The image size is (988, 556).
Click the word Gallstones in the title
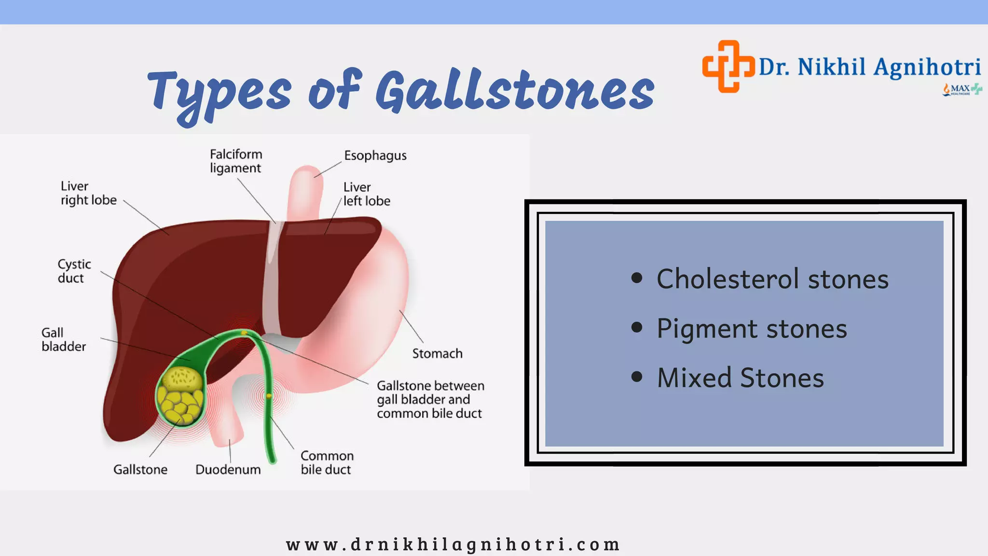[x=515, y=90]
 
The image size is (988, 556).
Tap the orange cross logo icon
[x=728, y=66]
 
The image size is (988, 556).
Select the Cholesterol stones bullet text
[x=772, y=279]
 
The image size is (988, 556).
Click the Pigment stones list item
[x=751, y=329]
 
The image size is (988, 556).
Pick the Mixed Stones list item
[x=740, y=378]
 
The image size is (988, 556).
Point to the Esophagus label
[x=375, y=156]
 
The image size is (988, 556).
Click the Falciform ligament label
[x=236, y=161]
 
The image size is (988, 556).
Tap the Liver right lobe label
[x=88, y=193]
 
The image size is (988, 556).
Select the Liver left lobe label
[x=366, y=194]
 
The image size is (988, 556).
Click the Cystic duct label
[x=74, y=271]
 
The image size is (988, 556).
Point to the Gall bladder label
[x=63, y=339]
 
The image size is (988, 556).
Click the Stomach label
[x=437, y=354]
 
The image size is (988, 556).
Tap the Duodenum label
[x=228, y=470]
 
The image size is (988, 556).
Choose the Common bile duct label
[x=327, y=463]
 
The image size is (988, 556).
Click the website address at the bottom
[x=453, y=544]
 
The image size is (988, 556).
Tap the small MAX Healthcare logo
[x=962, y=89]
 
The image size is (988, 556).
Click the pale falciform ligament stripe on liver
[x=273, y=280]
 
